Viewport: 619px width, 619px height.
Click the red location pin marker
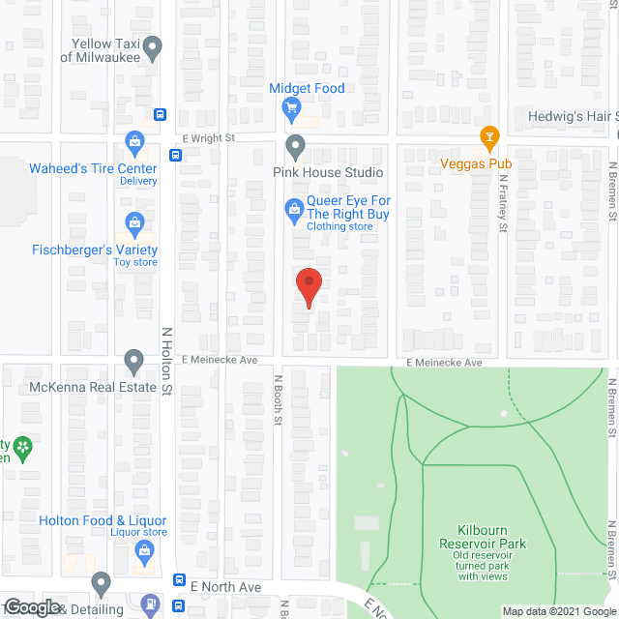pyautogui.click(x=308, y=286)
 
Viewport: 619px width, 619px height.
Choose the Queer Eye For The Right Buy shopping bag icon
pyautogui.click(x=293, y=208)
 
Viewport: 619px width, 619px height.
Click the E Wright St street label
pyautogui.click(x=209, y=138)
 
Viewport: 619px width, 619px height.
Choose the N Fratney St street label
pyautogui.click(x=504, y=209)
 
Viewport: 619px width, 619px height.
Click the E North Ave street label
pyautogui.click(x=225, y=587)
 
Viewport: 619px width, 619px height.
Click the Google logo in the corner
pyautogui.click(x=31, y=606)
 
